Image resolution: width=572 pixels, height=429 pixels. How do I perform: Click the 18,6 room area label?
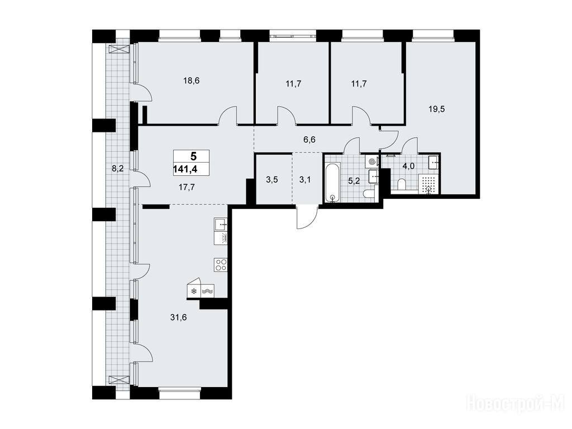(x=192, y=80)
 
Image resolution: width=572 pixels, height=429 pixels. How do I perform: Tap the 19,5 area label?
(x=437, y=109)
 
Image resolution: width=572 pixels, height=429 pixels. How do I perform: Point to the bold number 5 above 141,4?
(x=193, y=156)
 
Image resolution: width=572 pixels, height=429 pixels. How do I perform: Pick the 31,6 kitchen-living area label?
(x=178, y=317)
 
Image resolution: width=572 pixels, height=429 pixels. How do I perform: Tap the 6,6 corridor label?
(x=309, y=139)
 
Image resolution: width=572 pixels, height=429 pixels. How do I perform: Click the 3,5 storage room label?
(x=272, y=179)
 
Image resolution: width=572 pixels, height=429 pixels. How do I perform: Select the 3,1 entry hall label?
(x=305, y=179)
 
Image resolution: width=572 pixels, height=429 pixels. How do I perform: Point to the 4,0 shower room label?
(x=408, y=166)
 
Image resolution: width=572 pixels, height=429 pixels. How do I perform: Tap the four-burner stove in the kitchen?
(x=221, y=264)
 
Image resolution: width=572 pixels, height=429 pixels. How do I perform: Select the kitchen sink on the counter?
(x=221, y=224)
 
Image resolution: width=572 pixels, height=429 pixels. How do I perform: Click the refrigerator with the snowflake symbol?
(x=194, y=289)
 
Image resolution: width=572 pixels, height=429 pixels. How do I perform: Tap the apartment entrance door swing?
(x=307, y=217)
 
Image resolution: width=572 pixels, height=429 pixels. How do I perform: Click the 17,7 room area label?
(x=187, y=188)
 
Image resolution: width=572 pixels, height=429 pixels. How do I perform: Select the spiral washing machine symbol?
(x=371, y=161)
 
